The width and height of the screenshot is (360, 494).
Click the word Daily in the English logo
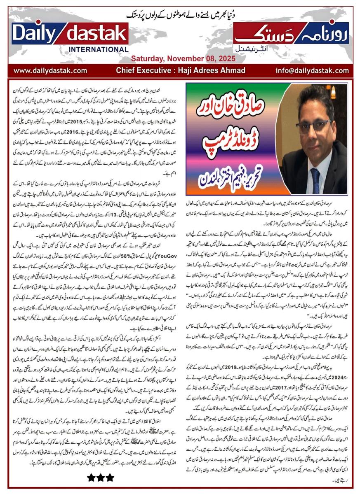pyautogui.click(x=35, y=34)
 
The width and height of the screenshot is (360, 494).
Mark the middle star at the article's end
pyautogui.click(x=101, y=477)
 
